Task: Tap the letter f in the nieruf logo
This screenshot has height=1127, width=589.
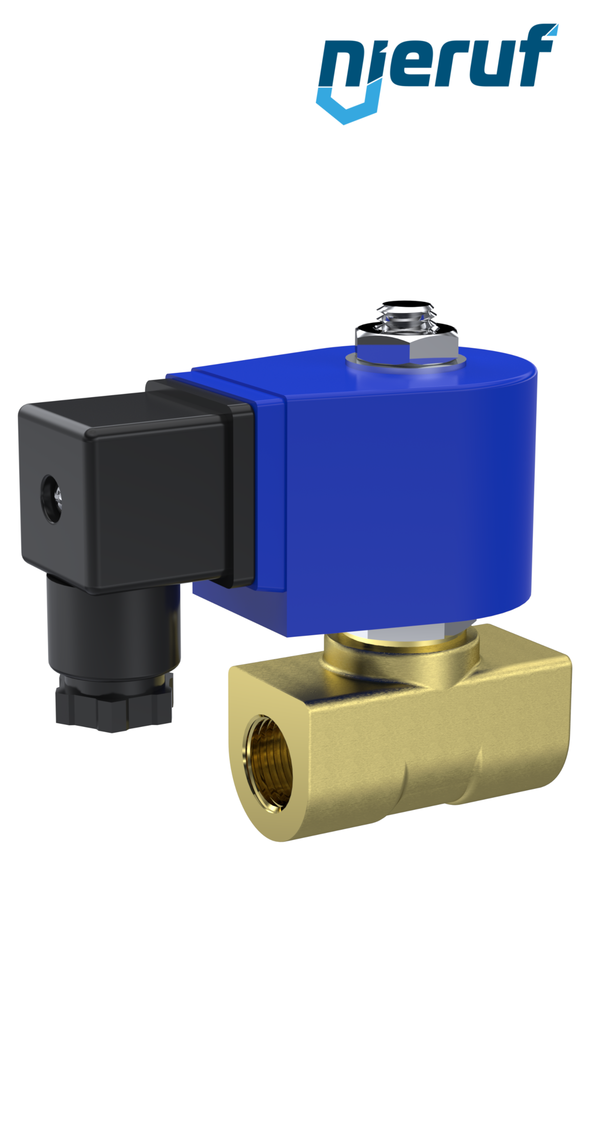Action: click(x=538, y=61)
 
